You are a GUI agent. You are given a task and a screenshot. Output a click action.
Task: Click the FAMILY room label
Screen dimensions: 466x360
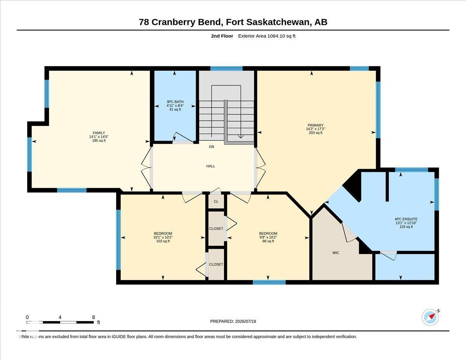pos(99,133)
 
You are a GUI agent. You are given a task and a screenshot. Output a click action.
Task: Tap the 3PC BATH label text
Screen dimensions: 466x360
pos(175,102)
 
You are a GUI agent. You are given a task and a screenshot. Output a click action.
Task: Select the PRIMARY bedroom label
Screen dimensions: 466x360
pos(315,125)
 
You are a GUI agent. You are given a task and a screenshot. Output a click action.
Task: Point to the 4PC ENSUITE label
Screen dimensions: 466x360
pos(406,219)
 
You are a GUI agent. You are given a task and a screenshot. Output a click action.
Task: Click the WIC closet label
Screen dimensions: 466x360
pos(336,253)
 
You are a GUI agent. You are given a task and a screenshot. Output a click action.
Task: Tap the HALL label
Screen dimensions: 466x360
pos(210,166)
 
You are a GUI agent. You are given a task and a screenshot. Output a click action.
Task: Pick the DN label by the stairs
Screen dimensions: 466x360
pos(212,147)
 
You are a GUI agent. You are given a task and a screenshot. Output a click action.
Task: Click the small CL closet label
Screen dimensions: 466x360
pos(216,202)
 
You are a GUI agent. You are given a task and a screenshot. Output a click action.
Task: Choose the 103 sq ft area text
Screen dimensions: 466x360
pos(163,241)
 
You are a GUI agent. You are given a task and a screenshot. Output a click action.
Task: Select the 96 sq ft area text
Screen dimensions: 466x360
pos(268,241)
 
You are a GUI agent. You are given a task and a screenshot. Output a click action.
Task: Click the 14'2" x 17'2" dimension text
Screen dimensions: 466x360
pos(315,129)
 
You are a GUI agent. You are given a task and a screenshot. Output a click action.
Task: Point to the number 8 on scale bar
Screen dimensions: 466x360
pos(94,317)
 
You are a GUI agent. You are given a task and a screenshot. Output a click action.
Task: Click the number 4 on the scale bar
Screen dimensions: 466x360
pos(60,317)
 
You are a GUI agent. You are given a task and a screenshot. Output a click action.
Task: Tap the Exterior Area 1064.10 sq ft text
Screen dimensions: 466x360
pos(266,36)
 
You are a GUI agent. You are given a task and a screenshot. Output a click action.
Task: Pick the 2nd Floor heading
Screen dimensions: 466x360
pos(222,36)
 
